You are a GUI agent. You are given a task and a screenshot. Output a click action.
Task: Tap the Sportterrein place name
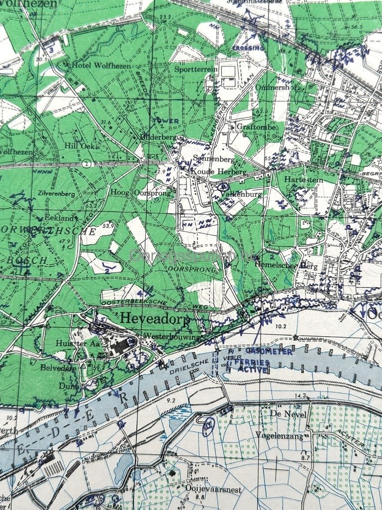click(x=195, y=70)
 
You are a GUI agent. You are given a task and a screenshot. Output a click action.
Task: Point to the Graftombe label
click(x=253, y=127)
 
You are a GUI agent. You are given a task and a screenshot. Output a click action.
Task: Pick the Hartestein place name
click(x=303, y=179)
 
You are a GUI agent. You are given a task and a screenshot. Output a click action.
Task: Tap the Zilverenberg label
click(x=55, y=193)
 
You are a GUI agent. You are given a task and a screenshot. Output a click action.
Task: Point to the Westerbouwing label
click(x=172, y=336)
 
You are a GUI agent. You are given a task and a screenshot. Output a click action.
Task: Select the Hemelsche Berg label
click(x=292, y=266)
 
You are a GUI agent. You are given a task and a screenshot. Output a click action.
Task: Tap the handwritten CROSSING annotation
click(x=248, y=48)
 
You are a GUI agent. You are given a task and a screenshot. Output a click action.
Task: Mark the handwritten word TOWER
click(x=166, y=121)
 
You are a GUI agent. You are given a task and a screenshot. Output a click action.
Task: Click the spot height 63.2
click(x=91, y=205)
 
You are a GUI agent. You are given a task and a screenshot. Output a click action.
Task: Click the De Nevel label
click(x=284, y=413)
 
